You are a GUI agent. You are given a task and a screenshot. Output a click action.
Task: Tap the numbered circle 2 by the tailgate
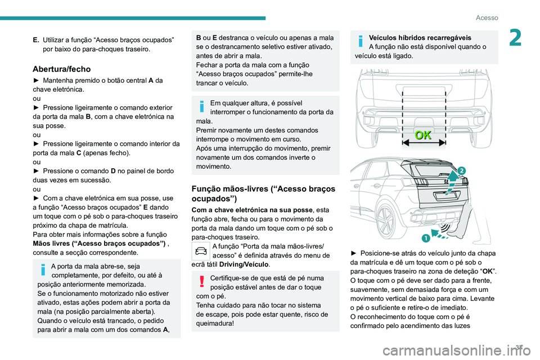[x=461, y=170]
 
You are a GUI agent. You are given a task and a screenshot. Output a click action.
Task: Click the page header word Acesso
[x=487, y=18]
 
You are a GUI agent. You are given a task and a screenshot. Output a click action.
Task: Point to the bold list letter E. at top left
[x=35, y=40]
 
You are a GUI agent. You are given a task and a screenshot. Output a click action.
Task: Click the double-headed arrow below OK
[x=424, y=143]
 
